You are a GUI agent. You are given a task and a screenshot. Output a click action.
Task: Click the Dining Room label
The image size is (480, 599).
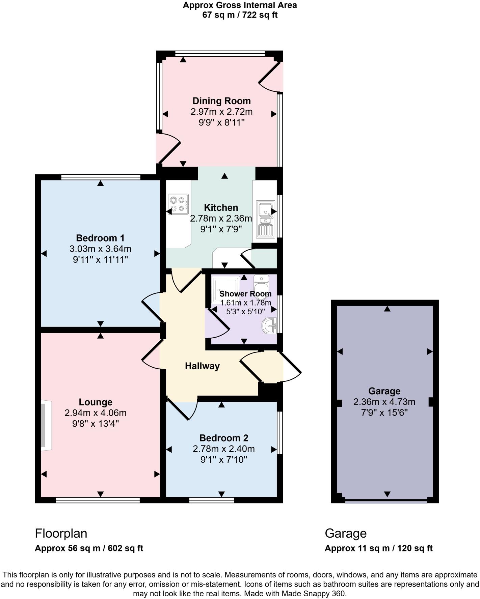(x=221, y=101)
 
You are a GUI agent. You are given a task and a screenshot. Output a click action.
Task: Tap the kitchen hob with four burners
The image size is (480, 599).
(x=178, y=204)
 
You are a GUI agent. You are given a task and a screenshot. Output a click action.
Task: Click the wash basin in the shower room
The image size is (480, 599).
(x=269, y=326)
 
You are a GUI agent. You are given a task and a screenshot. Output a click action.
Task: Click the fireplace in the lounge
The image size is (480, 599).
(x=45, y=425)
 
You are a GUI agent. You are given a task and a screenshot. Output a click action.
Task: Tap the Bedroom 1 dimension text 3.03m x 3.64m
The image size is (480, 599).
(x=100, y=249)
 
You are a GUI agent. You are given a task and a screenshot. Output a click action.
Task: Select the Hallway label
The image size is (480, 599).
(x=202, y=366)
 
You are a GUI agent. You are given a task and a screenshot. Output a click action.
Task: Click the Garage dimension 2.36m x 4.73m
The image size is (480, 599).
(x=384, y=402)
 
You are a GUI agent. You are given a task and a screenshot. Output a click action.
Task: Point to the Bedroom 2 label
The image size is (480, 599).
(x=224, y=438)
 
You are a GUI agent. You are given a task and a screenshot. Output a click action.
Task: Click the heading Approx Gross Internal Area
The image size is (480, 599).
(x=240, y=5)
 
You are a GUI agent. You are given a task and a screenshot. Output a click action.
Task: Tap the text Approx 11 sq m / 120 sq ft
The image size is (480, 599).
(x=378, y=548)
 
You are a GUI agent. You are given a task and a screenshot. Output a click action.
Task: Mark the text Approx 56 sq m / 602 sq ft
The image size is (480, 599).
(x=89, y=548)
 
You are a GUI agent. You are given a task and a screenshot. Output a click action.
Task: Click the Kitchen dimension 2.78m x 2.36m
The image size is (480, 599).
(x=221, y=219)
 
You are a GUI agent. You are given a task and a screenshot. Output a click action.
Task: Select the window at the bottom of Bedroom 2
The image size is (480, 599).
(x=212, y=500)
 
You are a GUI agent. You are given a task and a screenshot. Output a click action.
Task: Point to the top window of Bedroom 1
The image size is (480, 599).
(x=101, y=177)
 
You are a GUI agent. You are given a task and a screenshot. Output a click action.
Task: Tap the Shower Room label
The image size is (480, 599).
(x=245, y=294)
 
